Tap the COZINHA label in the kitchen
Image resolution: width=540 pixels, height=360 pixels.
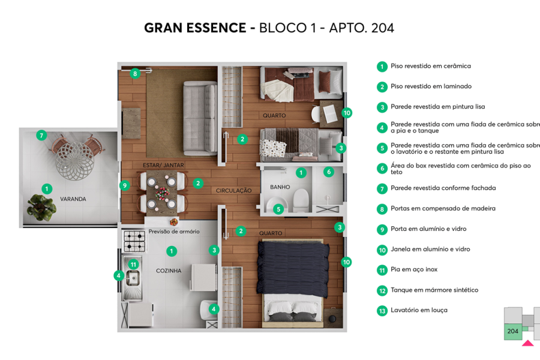pyautogui.click(x=169, y=271)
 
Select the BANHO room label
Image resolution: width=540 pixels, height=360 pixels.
pyautogui.click(x=280, y=187)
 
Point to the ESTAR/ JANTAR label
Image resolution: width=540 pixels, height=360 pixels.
pyautogui.click(x=163, y=165)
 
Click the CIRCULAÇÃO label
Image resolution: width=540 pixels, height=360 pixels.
pyautogui.click(x=234, y=190)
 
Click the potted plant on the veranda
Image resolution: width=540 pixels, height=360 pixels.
pyautogui.click(x=41, y=208)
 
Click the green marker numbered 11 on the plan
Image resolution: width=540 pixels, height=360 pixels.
pyautogui.click(x=133, y=264)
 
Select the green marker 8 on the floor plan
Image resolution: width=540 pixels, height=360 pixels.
pyautogui.click(x=135, y=74)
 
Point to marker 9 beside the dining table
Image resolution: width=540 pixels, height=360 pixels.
pyautogui.click(x=125, y=185)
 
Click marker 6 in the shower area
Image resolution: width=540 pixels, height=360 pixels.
pyautogui.click(x=328, y=172)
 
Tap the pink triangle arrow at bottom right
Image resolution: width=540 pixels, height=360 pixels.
pyautogui.click(x=527, y=343)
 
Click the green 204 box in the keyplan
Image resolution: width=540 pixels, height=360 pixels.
pyautogui.click(x=512, y=331)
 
